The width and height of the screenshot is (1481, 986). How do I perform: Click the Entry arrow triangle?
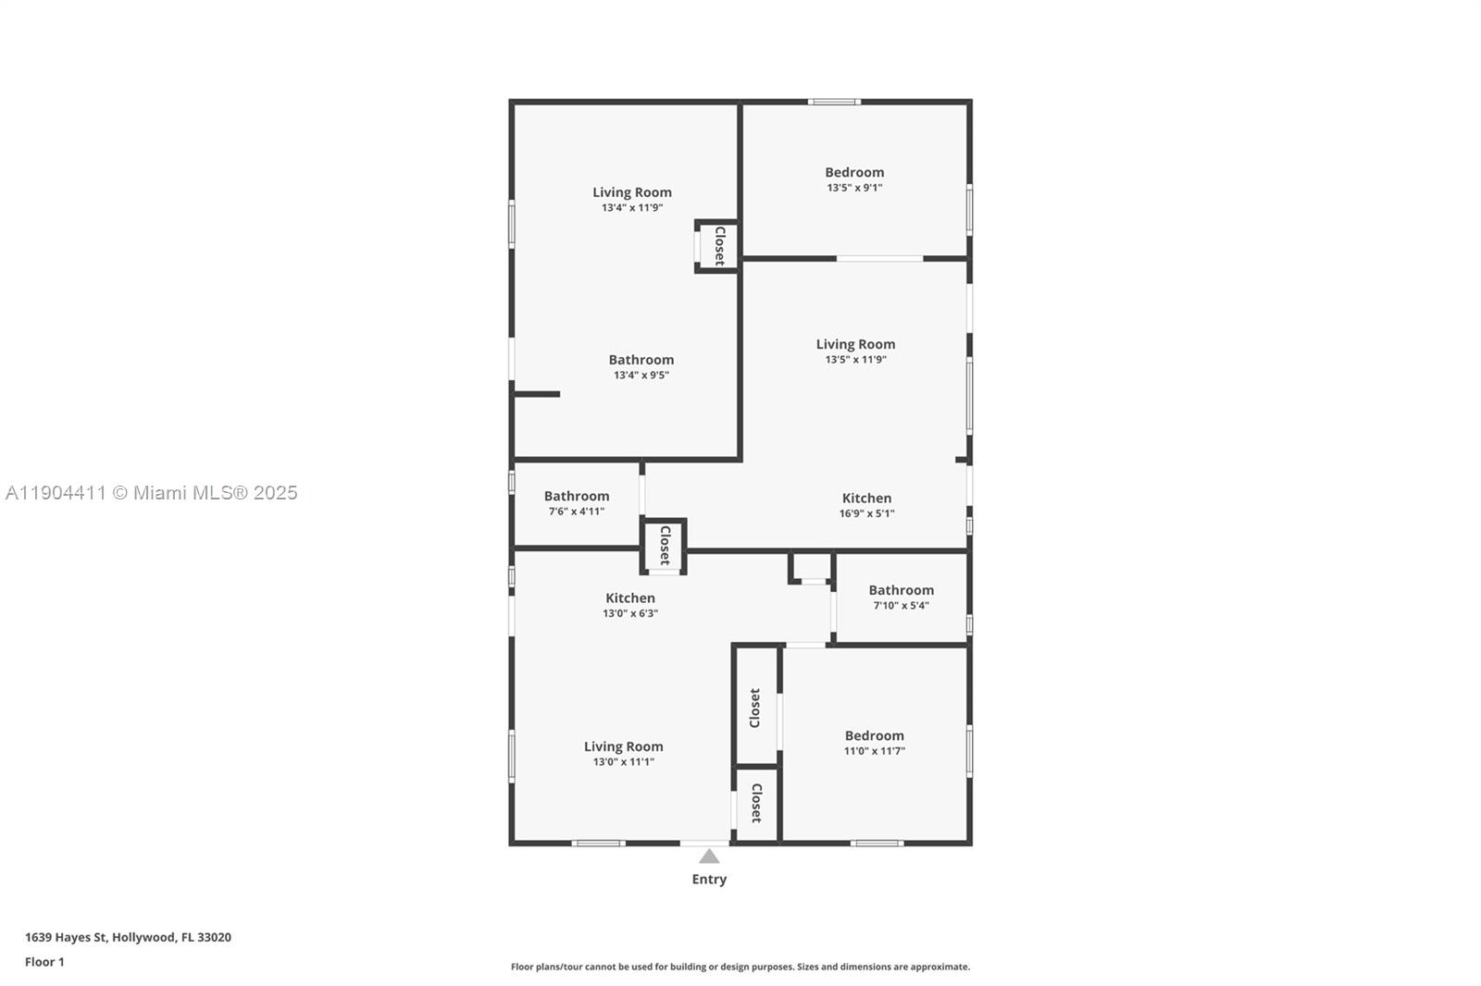pyautogui.click(x=709, y=857)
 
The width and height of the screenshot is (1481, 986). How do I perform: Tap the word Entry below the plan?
pyautogui.click(x=709, y=880)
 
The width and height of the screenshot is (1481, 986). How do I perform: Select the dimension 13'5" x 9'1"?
pyautogui.click(x=854, y=188)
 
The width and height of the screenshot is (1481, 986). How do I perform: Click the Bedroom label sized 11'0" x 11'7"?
pyautogui.click(x=874, y=735)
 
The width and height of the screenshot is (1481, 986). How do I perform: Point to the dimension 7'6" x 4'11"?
pyautogui.click(x=576, y=511)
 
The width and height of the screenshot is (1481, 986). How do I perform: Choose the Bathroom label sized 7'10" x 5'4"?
pyautogui.click(x=901, y=590)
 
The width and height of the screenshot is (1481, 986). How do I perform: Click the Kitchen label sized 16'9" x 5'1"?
pyautogui.click(x=866, y=498)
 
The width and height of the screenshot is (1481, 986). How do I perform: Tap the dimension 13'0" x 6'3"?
pyautogui.click(x=629, y=613)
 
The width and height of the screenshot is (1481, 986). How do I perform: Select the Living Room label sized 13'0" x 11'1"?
pyautogui.click(x=623, y=746)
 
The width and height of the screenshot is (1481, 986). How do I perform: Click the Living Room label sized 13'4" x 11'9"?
pyautogui.click(x=632, y=192)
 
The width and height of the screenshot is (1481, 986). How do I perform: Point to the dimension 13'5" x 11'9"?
pyautogui.click(x=855, y=360)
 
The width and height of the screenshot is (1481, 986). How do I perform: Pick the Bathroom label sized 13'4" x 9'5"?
pyautogui.click(x=641, y=360)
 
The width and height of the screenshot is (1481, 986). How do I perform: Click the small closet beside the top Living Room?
pyautogui.click(x=718, y=246)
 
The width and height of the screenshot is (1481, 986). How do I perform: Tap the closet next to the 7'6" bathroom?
pyautogui.click(x=664, y=546)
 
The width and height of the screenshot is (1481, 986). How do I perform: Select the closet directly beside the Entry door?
pyautogui.click(x=756, y=804)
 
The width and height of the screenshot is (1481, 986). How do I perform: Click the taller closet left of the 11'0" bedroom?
pyautogui.click(x=755, y=708)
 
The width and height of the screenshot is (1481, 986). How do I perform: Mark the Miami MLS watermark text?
pyautogui.click(x=152, y=493)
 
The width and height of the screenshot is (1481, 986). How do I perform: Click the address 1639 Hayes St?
pyautogui.click(x=128, y=937)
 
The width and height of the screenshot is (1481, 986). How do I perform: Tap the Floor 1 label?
pyautogui.click(x=44, y=962)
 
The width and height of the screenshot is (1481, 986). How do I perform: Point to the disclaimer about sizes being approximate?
pyautogui.click(x=740, y=967)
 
